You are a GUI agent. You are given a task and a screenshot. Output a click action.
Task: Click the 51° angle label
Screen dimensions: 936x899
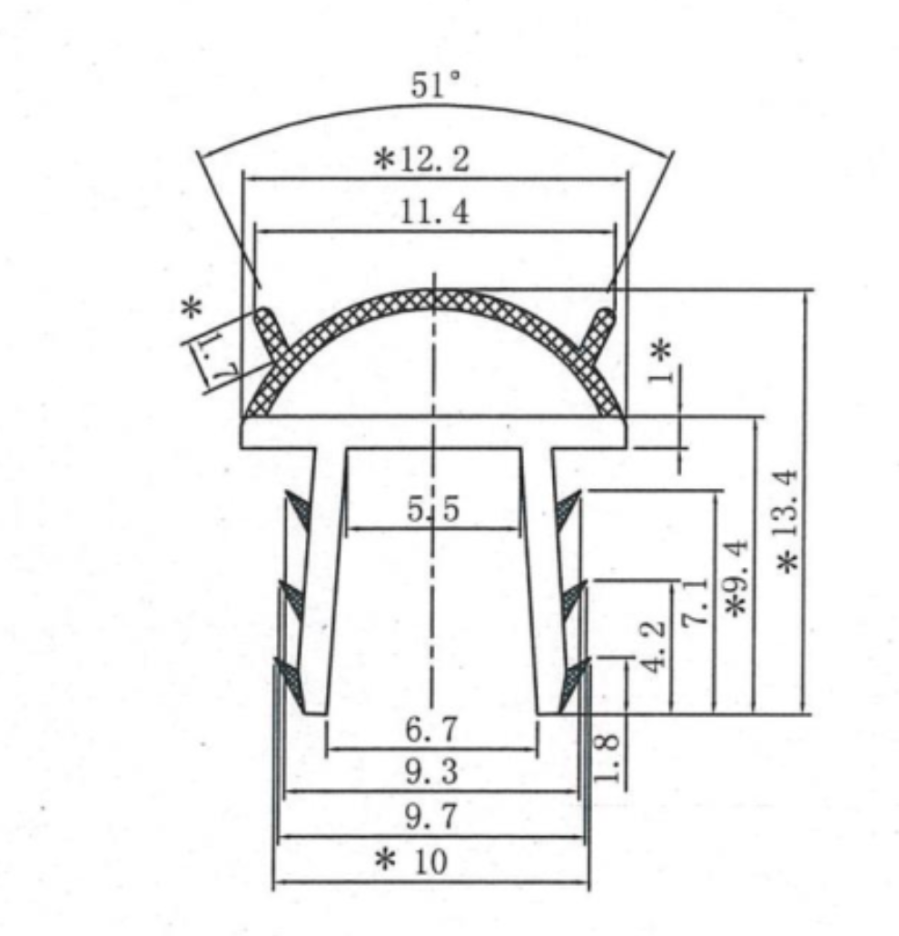tap(436, 88)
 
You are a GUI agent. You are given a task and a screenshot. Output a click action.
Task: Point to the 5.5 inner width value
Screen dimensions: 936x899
tap(433, 511)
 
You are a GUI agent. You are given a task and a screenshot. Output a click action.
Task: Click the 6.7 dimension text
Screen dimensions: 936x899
tap(432, 730)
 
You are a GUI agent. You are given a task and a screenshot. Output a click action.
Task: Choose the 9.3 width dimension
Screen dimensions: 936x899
tap(432, 773)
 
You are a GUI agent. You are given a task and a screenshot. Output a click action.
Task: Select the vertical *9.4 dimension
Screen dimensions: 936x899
tap(737, 579)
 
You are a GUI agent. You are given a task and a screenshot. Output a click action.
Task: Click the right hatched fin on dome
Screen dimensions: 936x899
tap(599, 334)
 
